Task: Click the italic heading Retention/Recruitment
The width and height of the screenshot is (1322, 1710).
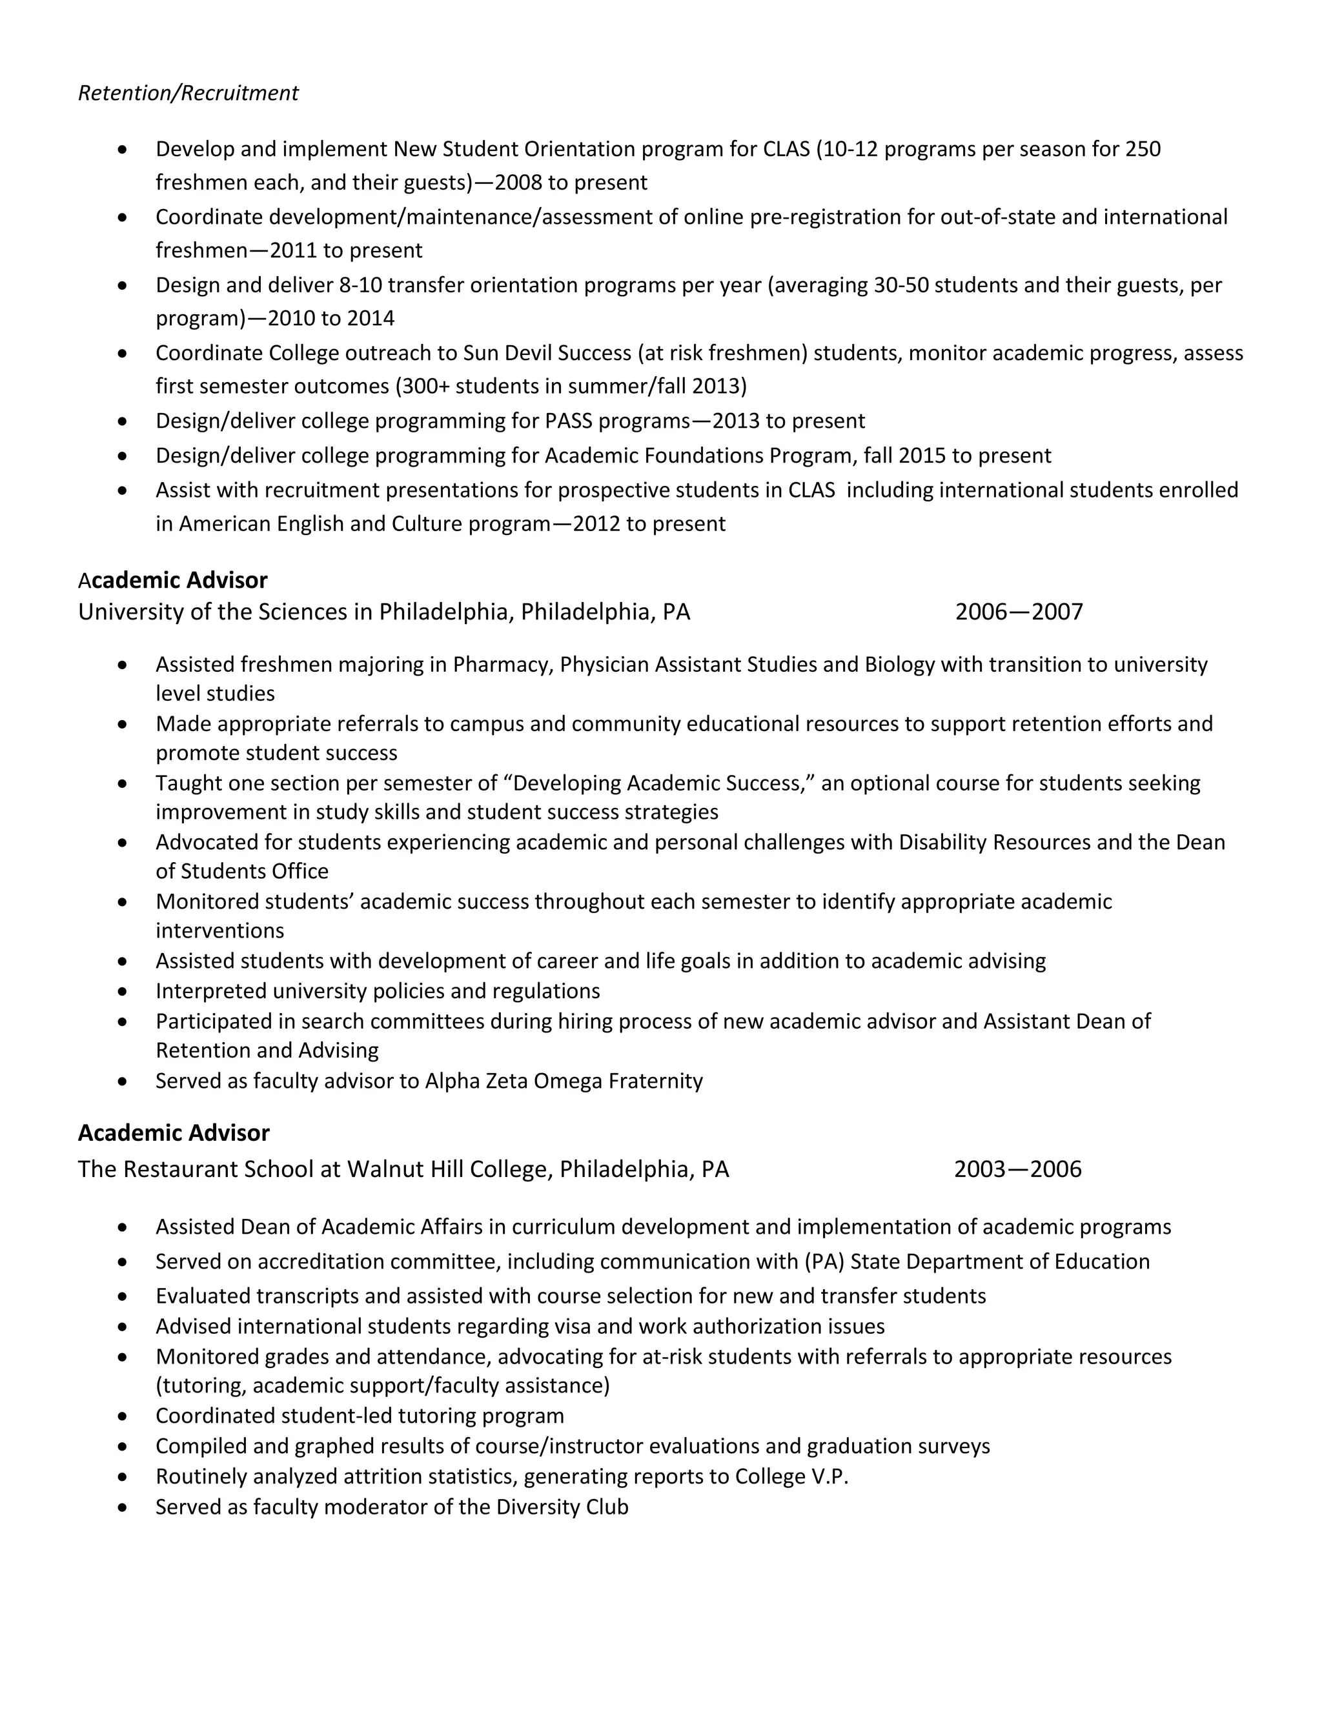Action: [188, 93]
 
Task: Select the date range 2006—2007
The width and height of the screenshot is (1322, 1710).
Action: [1018, 612]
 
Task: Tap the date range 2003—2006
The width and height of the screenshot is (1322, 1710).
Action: [1017, 1169]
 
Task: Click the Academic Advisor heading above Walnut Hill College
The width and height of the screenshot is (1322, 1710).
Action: [174, 1133]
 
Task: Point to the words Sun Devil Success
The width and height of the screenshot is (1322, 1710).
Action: [547, 353]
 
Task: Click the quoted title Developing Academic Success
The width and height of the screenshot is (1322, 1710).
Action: [656, 783]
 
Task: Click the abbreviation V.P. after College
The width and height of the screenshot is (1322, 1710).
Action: [829, 1476]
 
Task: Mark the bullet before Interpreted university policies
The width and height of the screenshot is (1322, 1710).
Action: [122, 992]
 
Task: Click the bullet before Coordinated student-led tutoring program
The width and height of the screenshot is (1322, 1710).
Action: [122, 1416]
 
